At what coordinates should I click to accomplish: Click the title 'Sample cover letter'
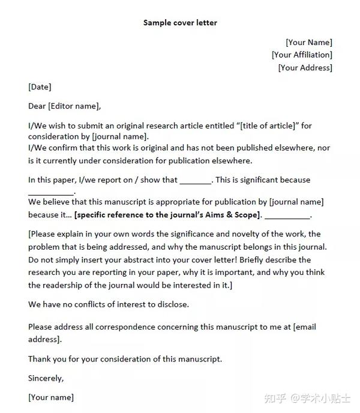(180, 23)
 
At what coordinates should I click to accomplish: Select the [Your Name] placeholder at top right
(308, 42)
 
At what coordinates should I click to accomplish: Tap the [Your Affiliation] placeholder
(302, 55)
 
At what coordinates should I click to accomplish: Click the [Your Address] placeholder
(305, 68)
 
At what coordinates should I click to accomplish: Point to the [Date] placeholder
(40, 87)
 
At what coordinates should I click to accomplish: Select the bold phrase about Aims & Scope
(167, 215)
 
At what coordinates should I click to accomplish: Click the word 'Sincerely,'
(46, 378)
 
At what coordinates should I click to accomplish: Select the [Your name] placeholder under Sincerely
(51, 397)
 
